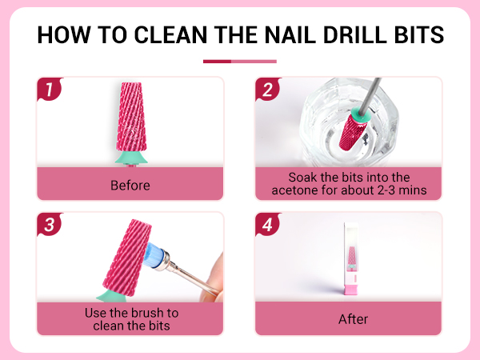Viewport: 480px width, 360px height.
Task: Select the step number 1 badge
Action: tap(50, 90)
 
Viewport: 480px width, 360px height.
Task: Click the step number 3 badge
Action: tap(50, 226)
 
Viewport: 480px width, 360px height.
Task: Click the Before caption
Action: tap(130, 186)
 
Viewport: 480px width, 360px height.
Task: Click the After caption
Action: tap(348, 318)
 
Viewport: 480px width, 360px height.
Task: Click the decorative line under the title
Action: tap(240, 61)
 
